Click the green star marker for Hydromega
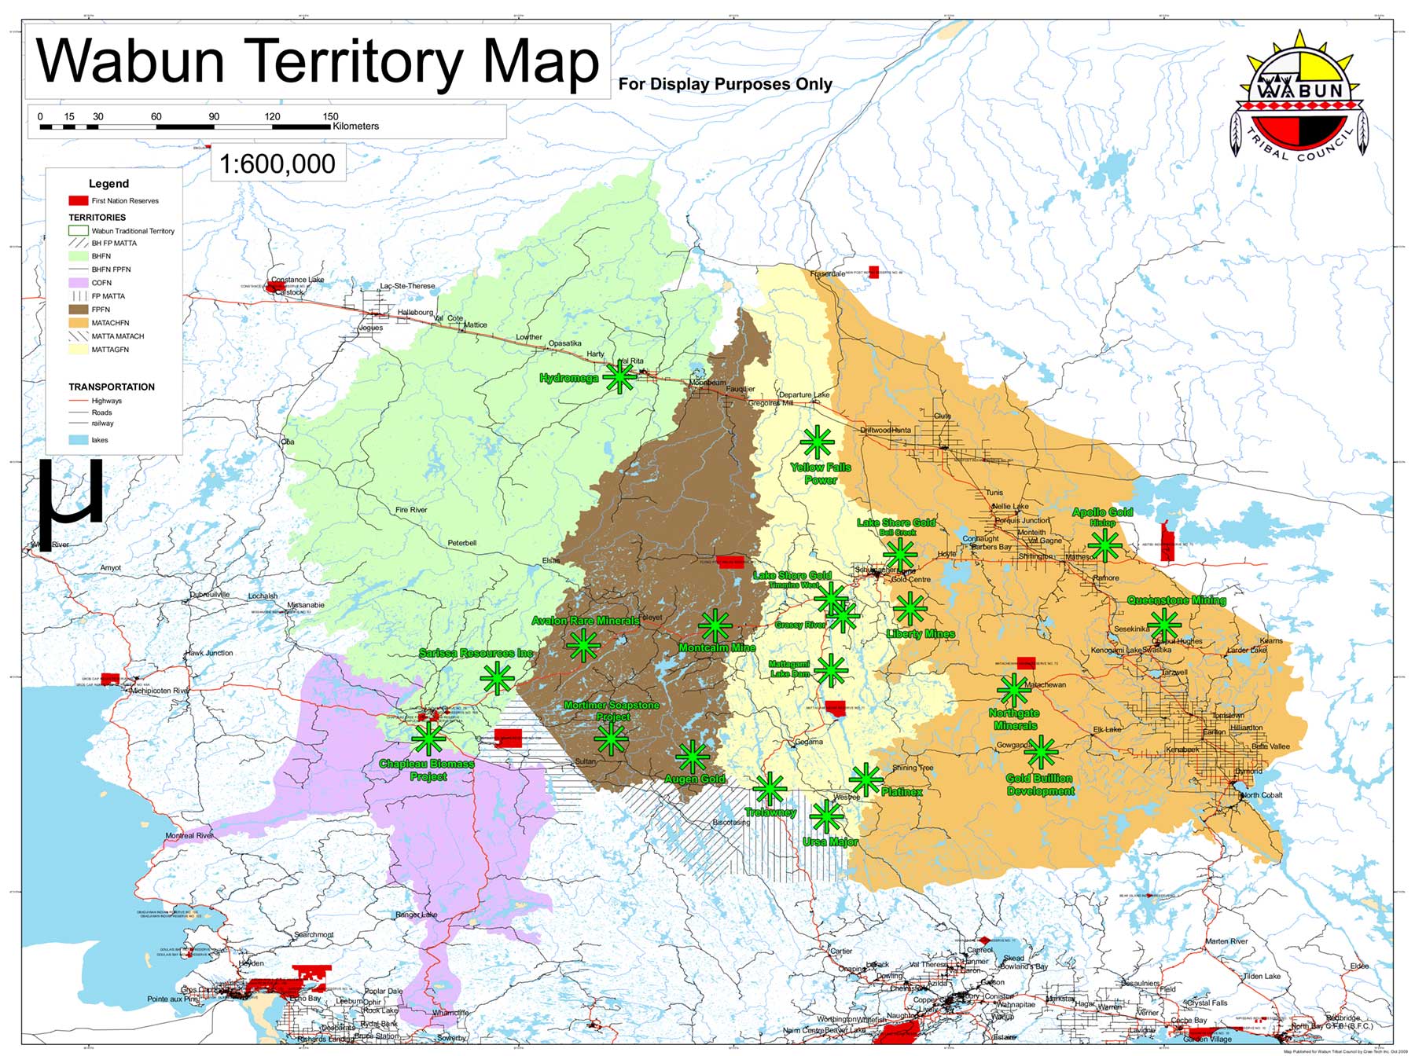(619, 377)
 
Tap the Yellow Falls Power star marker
(817, 442)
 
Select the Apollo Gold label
(1102, 512)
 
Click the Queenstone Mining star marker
(1163, 625)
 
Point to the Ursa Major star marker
(825, 816)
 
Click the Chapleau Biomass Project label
(427, 770)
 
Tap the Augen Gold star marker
(692, 757)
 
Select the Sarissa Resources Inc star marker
(497, 678)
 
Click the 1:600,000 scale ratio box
(277, 163)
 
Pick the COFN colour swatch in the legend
(78, 283)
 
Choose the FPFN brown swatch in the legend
(78, 310)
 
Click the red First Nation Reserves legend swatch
(78, 200)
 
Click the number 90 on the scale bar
(214, 116)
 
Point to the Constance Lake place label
(297, 280)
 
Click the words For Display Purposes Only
(725, 84)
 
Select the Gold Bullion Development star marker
(1041, 752)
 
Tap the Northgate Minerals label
(1014, 719)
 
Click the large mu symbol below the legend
(71, 503)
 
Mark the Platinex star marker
(866, 779)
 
